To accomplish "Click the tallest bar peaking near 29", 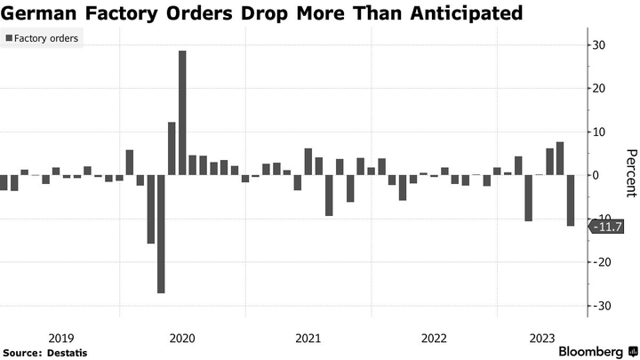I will [x=182, y=113].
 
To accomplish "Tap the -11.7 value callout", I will [x=609, y=227].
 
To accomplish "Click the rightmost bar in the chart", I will [x=571, y=200].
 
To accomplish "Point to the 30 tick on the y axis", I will [x=600, y=45].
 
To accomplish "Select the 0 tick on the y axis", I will [x=597, y=175].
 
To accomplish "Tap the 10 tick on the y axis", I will [x=600, y=132].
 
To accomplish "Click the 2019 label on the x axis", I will [x=60, y=339].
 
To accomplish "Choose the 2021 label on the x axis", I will [x=308, y=339].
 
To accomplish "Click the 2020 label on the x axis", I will [x=182, y=339].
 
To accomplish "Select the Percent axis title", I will [x=628, y=173].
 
